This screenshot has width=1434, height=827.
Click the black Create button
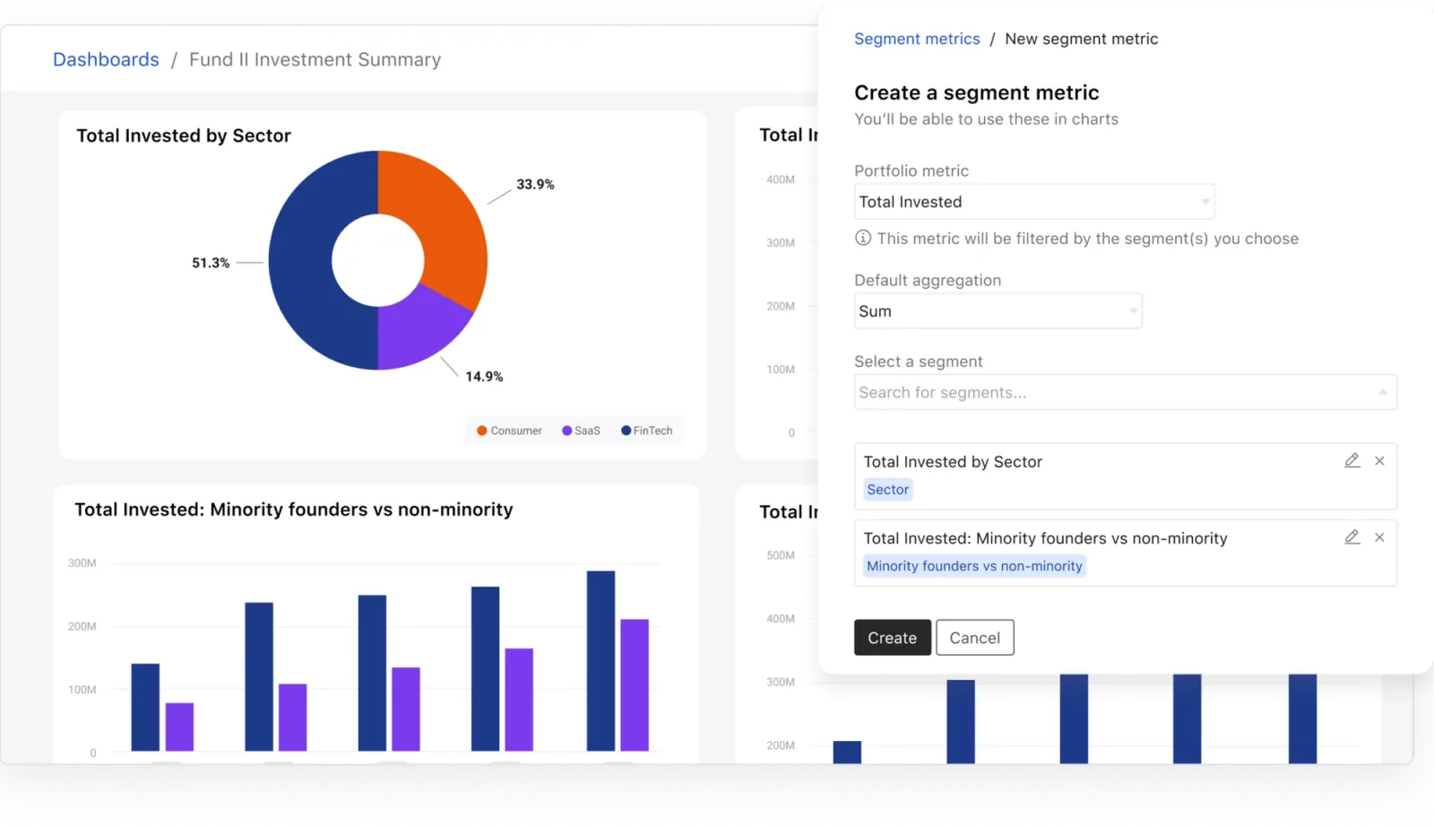892,638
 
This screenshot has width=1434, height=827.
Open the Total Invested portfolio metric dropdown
1033,202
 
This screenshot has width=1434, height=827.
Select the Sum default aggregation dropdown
998,311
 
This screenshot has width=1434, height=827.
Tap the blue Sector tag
887,490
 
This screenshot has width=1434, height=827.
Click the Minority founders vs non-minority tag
974,566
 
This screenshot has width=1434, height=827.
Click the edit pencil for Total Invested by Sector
1352,461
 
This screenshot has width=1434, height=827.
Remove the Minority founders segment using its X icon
1379,537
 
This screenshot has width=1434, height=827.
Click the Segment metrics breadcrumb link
917,39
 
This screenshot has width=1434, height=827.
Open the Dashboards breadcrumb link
106,59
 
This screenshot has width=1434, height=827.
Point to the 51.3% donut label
211,263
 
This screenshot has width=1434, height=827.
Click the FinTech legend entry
646,431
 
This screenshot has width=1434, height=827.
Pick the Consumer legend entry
509,431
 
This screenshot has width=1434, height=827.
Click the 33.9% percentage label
535,184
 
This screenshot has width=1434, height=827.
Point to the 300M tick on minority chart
82,563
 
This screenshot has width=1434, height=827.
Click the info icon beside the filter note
862,238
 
